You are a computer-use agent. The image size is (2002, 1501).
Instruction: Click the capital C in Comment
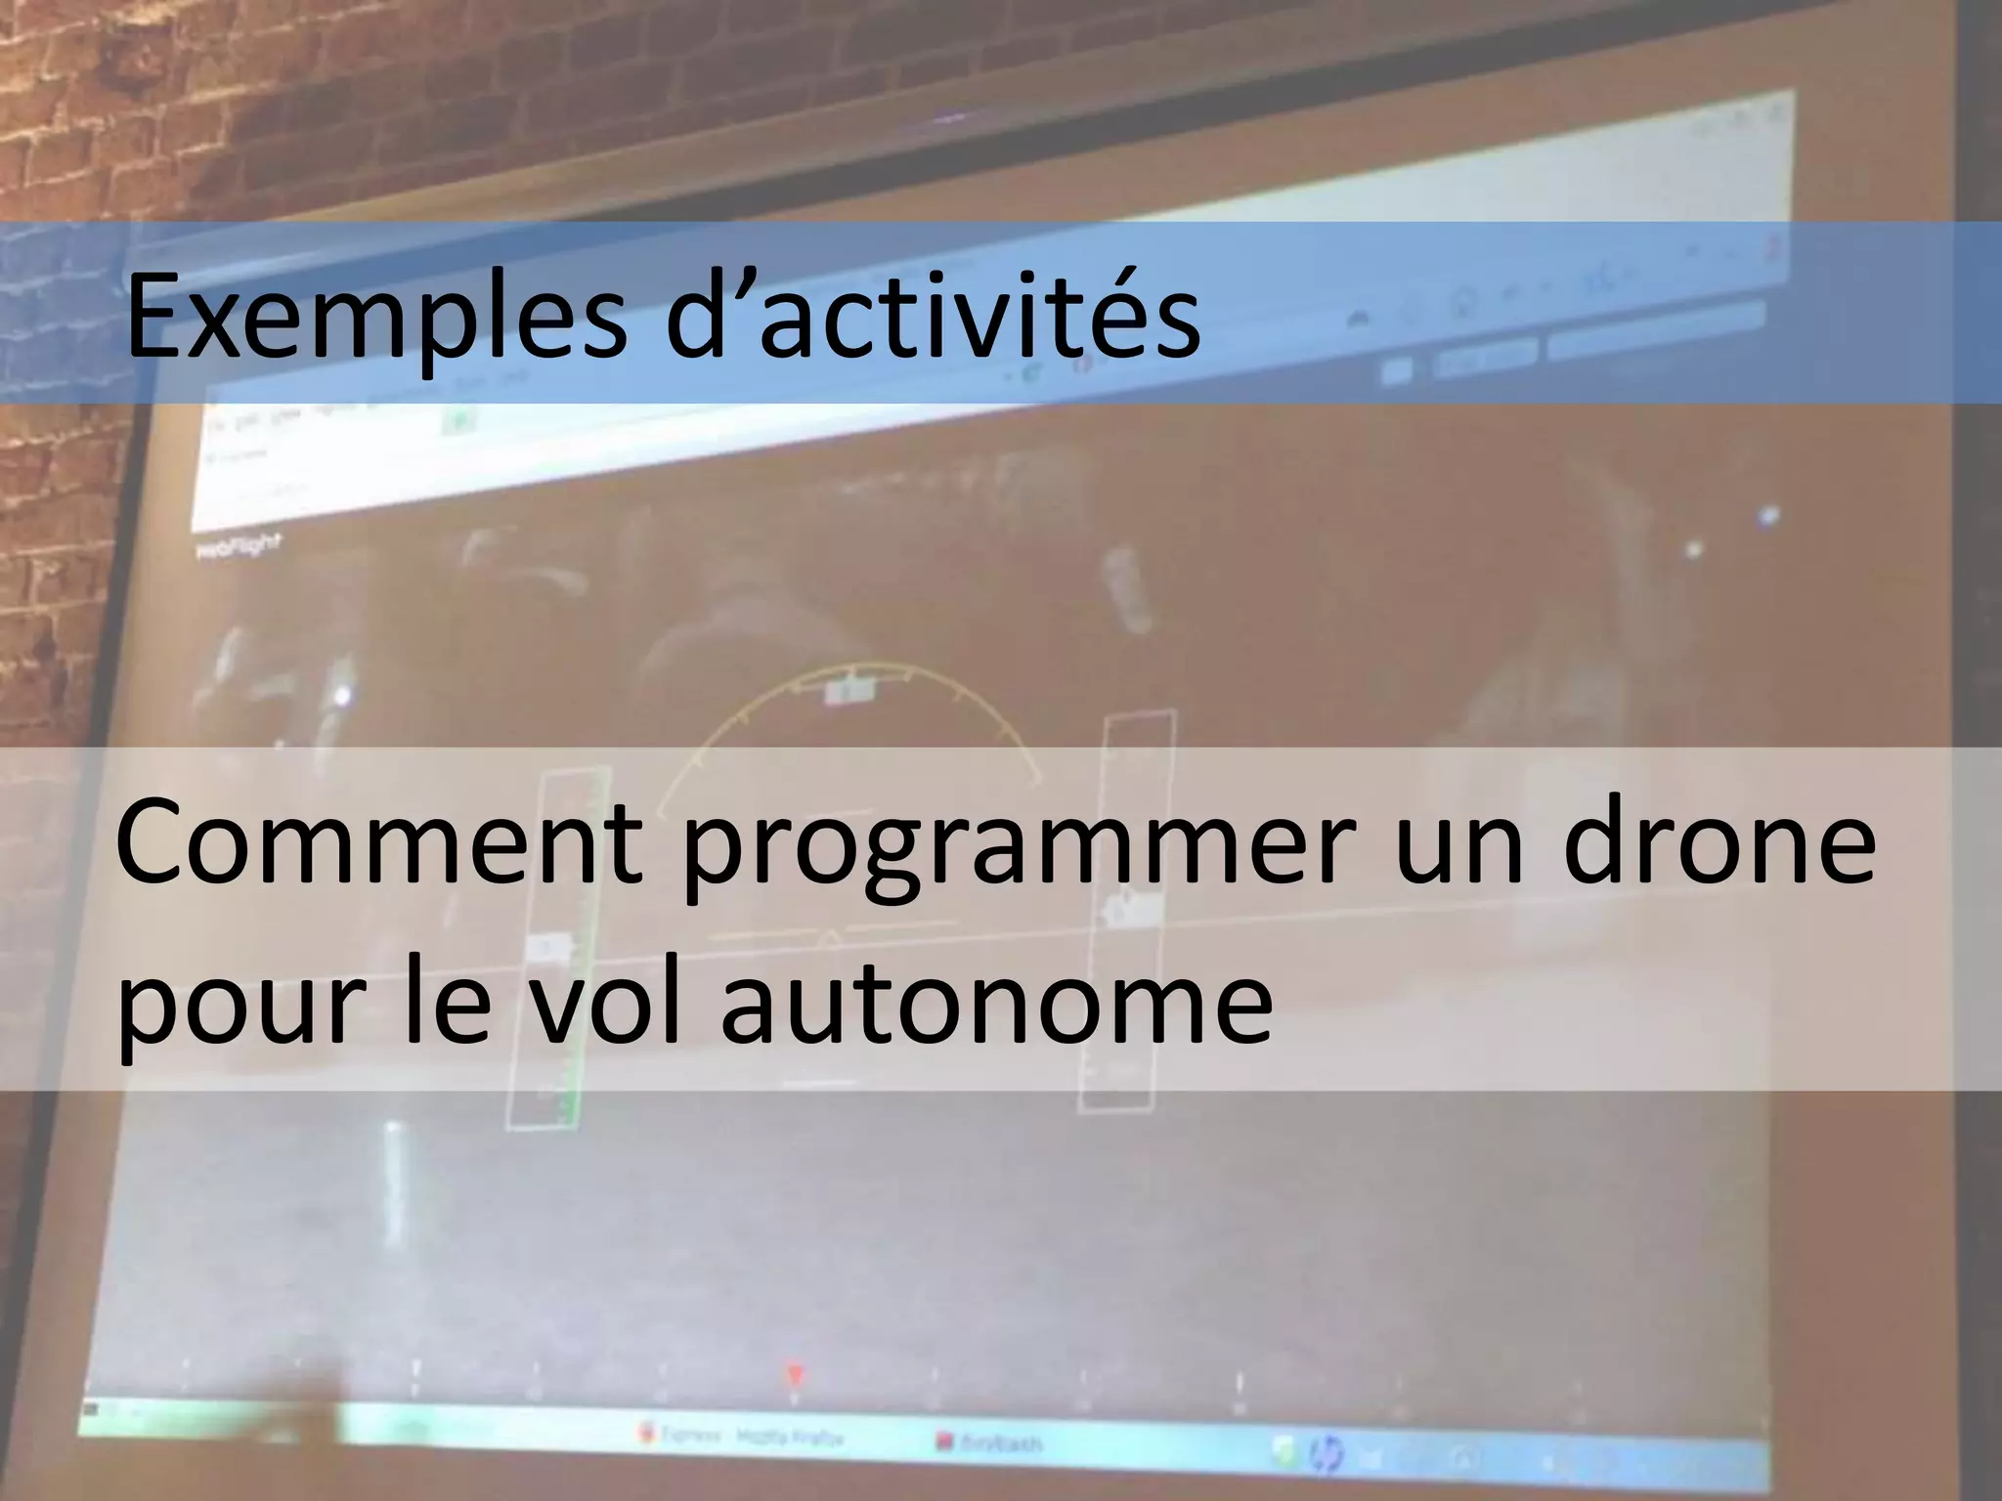[157, 841]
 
